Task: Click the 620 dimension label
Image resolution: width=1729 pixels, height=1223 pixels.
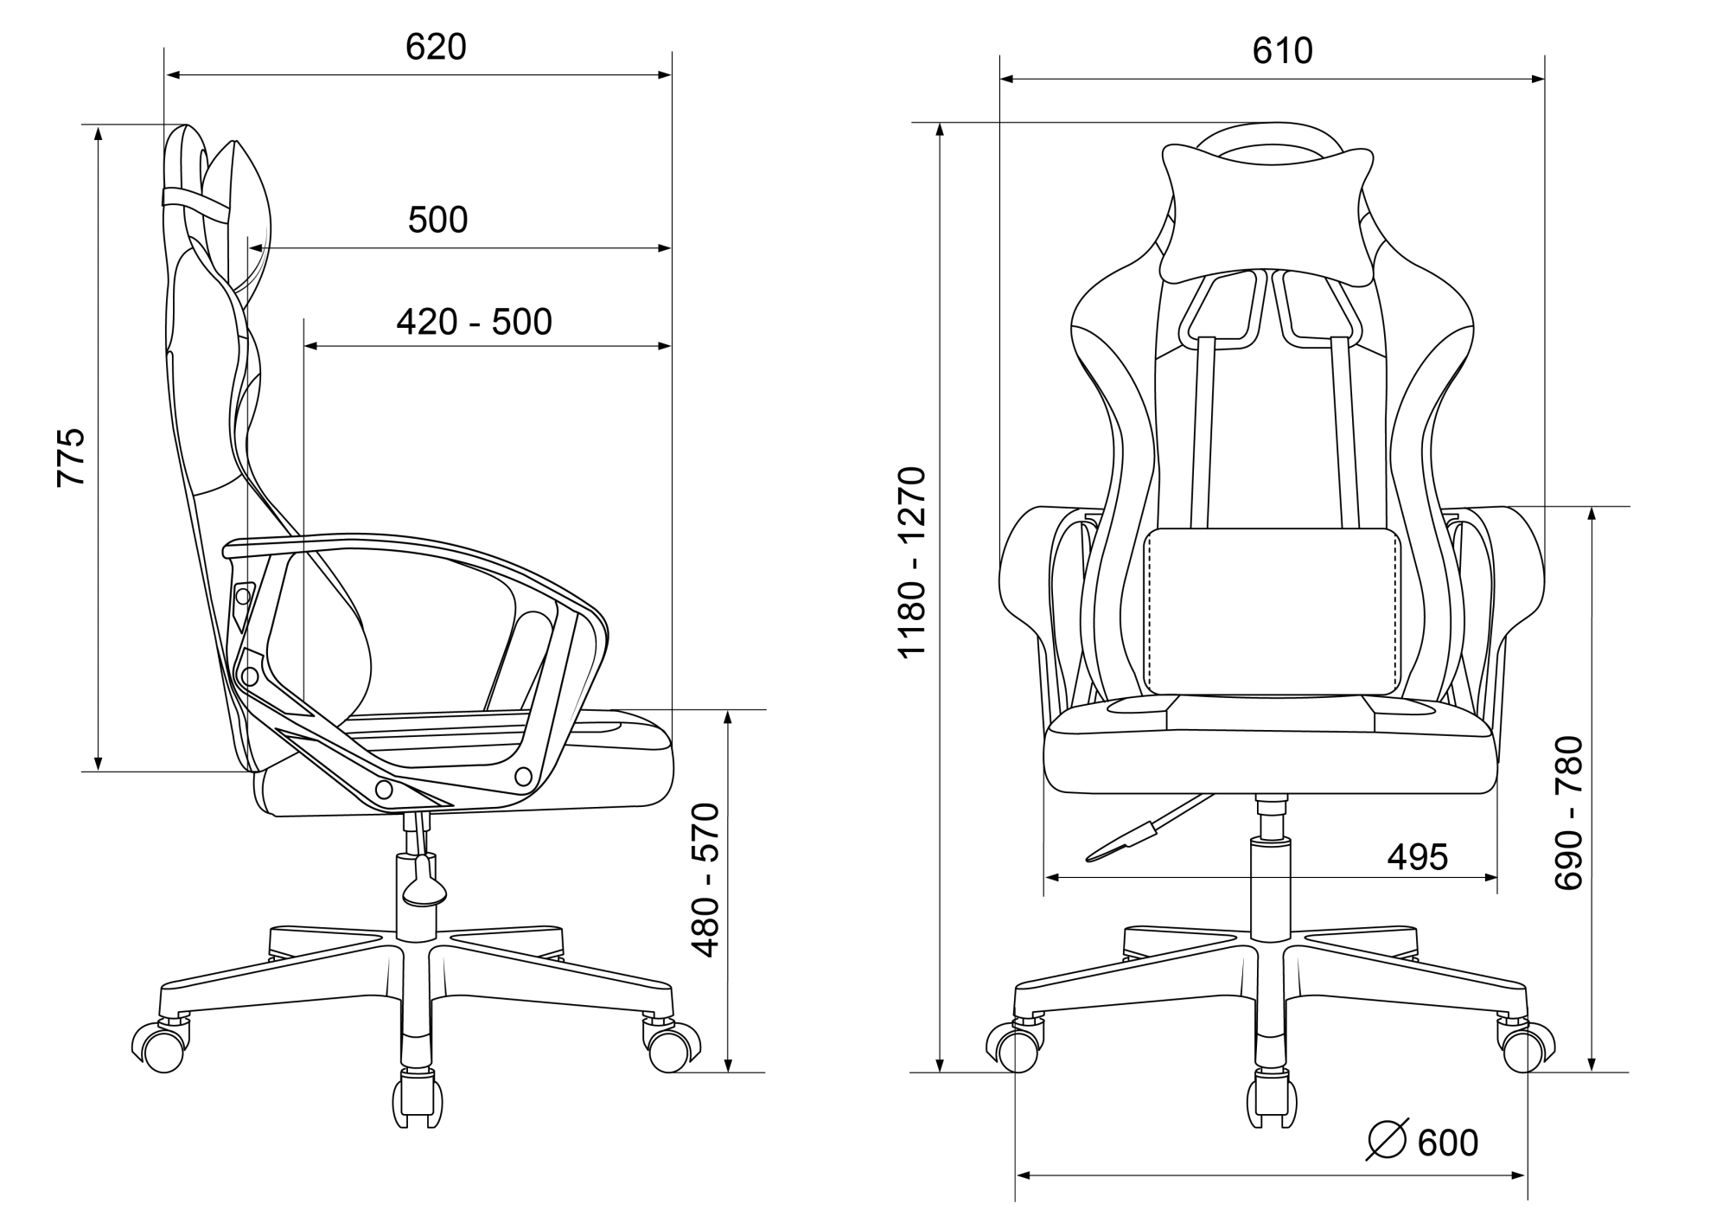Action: point(436,47)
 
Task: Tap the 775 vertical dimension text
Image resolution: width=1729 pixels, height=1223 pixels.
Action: point(71,457)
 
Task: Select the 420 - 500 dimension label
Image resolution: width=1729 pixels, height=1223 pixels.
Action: point(474,322)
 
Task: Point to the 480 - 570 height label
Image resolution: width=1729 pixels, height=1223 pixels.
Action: point(706,880)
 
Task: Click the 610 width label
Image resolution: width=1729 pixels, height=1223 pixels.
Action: point(1282,51)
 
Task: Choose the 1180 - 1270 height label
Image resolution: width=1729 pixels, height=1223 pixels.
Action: point(912,563)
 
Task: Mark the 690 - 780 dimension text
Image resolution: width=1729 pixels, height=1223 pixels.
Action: point(1568,812)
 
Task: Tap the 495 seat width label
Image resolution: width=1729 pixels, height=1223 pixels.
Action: point(1417,857)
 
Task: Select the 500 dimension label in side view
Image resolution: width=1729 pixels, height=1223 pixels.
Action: point(437,220)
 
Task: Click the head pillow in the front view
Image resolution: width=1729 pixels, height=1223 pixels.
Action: point(1267,215)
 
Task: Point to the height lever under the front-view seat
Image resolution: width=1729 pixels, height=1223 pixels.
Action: point(1145,829)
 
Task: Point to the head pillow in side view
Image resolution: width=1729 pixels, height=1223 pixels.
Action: point(238,221)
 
